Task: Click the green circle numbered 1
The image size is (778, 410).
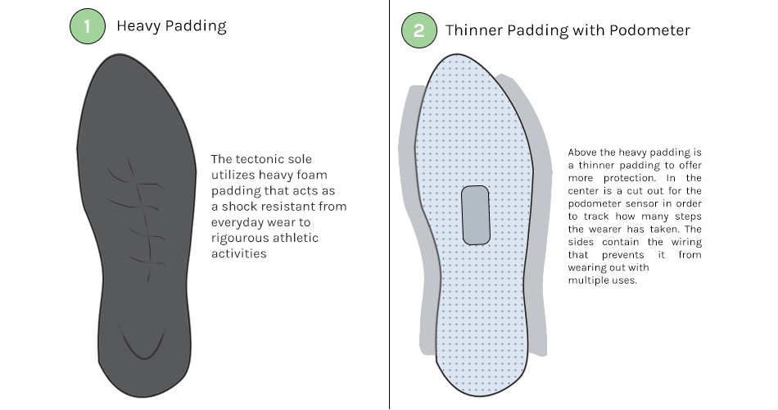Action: click(88, 26)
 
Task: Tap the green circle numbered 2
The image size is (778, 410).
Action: click(419, 30)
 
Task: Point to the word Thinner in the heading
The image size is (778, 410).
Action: click(474, 30)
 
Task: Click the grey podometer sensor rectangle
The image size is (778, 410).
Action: click(476, 215)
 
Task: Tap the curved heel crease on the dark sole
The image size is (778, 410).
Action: click(142, 342)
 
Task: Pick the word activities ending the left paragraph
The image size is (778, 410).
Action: click(238, 253)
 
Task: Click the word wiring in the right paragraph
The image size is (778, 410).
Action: click(687, 242)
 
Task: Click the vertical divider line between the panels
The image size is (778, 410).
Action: click(390, 205)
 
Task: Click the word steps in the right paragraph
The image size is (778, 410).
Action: click(688, 216)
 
